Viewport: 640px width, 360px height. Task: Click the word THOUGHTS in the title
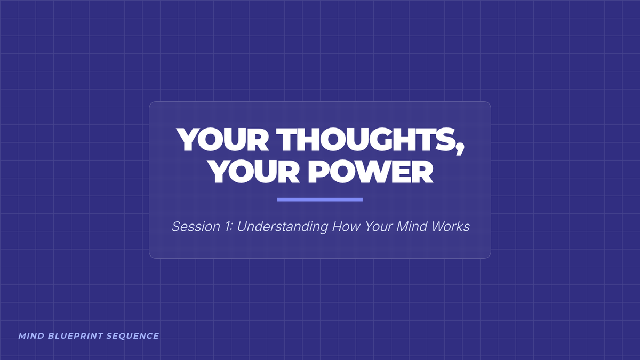coord(366,139)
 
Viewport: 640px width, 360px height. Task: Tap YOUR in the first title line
coord(222,139)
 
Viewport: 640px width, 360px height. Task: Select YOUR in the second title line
coord(254,171)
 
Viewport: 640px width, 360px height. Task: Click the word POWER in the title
coord(370,171)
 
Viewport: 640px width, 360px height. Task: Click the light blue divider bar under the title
coord(320,199)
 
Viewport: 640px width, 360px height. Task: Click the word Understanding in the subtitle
coord(283,227)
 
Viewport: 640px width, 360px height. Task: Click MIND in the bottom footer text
coord(31,336)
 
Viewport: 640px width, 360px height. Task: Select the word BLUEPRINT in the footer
coord(75,336)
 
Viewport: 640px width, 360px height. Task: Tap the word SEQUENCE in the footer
coord(133,336)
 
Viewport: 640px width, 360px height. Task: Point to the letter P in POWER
coord(318,171)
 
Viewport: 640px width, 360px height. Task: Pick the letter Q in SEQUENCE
coord(123,337)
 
